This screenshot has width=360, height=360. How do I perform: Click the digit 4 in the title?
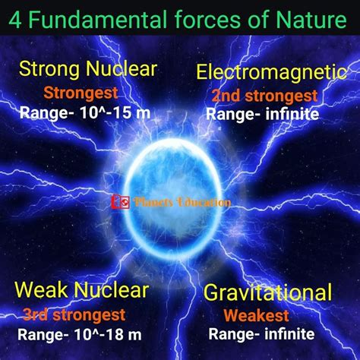pos(14,20)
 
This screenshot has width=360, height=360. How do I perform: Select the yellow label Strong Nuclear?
pos(88,69)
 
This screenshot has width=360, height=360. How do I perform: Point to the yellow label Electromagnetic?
pos(271,72)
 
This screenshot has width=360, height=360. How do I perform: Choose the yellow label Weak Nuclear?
pos(82,289)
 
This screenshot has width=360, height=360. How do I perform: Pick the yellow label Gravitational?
pos(267,293)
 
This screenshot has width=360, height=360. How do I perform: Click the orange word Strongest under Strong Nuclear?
pos(81,93)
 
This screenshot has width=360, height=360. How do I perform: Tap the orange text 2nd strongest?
pos(264,96)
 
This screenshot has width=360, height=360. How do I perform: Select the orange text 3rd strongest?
pos(74,315)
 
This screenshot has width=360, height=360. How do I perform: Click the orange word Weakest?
pos(256,315)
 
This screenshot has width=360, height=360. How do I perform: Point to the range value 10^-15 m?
pos(115,113)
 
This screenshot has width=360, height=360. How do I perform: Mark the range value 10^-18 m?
pos(109,335)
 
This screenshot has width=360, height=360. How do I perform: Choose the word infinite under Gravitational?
pos(290,334)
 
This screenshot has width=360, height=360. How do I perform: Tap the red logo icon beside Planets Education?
pos(121,202)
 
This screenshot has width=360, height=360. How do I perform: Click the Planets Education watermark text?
pos(182,202)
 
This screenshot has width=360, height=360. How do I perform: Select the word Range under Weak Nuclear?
pos(41,335)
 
